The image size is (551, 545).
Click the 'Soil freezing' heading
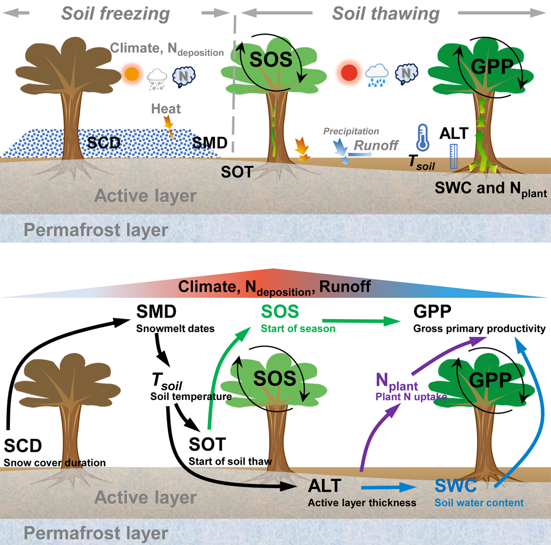pos(116,13)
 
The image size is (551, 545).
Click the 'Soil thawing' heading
pos(386,13)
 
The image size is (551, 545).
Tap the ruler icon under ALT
pos(454,156)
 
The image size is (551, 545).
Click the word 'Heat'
pos(166,109)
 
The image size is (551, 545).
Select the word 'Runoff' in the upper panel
pos(376,145)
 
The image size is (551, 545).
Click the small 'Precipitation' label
pos(351,132)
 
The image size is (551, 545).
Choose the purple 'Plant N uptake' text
pos(411,397)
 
